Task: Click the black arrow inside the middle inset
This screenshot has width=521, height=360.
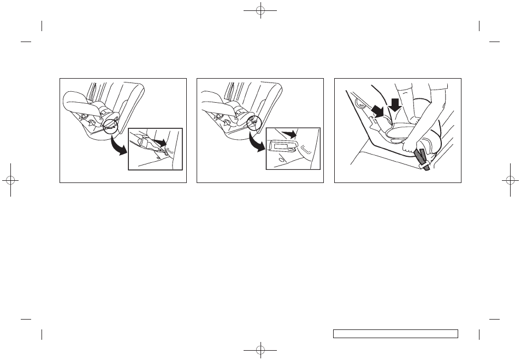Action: pyautogui.click(x=290, y=133)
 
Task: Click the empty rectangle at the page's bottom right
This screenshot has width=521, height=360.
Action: pyautogui.click(x=395, y=333)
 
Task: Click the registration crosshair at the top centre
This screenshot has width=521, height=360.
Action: pyautogui.click(x=261, y=10)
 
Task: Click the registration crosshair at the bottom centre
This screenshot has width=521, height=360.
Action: pyautogui.click(x=261, y=349)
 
